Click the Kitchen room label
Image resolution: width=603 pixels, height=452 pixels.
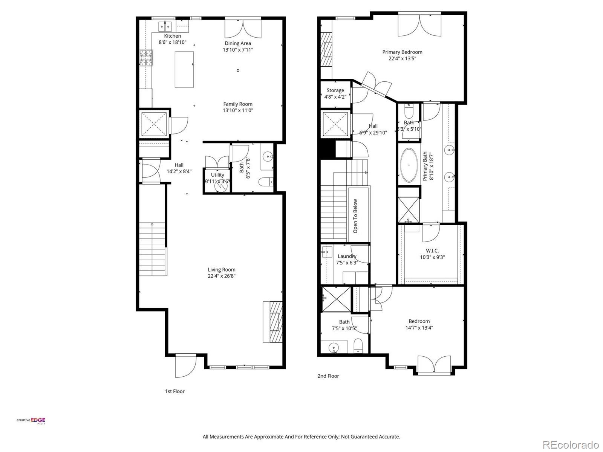(172, 36)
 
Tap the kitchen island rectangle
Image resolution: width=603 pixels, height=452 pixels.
(184, 70)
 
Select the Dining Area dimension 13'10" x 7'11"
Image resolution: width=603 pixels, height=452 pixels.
(237, 50)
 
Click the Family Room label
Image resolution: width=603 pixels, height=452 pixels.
(237, 104)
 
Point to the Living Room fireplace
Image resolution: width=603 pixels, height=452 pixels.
(272, 322)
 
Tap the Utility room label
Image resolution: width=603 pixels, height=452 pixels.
(217, 175)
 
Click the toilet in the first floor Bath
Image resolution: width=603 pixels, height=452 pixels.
(266, 182)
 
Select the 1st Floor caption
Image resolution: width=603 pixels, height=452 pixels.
(174, 391)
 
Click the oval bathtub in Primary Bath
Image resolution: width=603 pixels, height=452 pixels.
(408, 165)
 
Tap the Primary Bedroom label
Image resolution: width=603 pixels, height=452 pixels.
(402, 52)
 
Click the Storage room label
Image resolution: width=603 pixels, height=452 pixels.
(335, 90)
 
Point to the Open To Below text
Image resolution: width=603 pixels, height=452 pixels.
(355, 216)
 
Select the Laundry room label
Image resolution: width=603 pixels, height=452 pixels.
(347, 256)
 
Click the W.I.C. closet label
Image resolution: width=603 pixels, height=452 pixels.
(432, 250)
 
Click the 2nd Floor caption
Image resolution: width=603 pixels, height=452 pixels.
(328, 376)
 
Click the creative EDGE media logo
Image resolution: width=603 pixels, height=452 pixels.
(31, 421)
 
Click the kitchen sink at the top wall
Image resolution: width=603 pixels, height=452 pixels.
(165, 26)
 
